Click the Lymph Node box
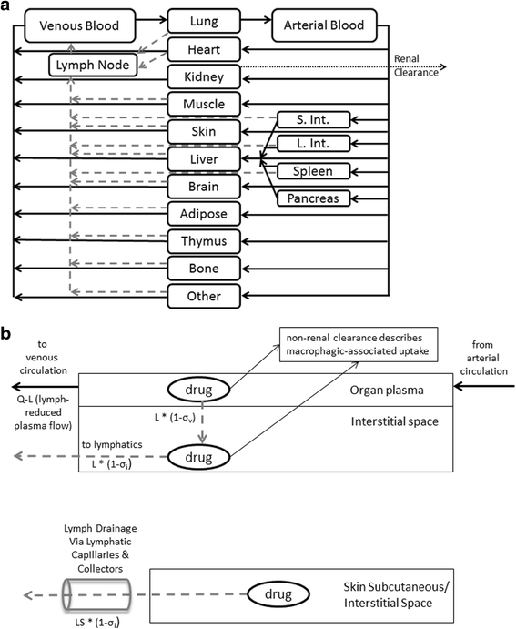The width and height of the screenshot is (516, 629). click(x=93, y=66)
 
